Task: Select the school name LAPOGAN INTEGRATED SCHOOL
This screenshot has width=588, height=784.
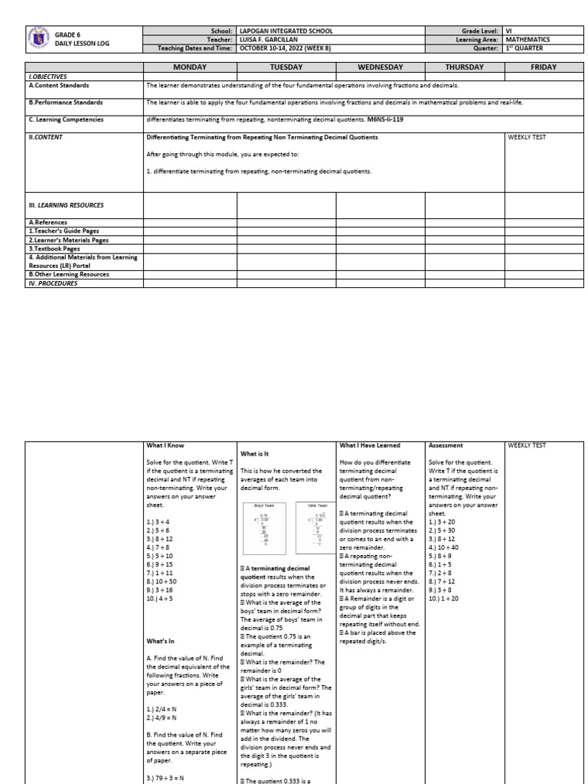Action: coord(286,31)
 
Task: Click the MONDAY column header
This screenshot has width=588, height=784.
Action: coord(190,67)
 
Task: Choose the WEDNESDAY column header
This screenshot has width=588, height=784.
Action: coord(380,67)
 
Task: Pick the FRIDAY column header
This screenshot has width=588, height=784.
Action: coord(544,67)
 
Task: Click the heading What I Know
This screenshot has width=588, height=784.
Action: coord(165,445)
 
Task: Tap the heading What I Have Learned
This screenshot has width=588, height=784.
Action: coord(369,445)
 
